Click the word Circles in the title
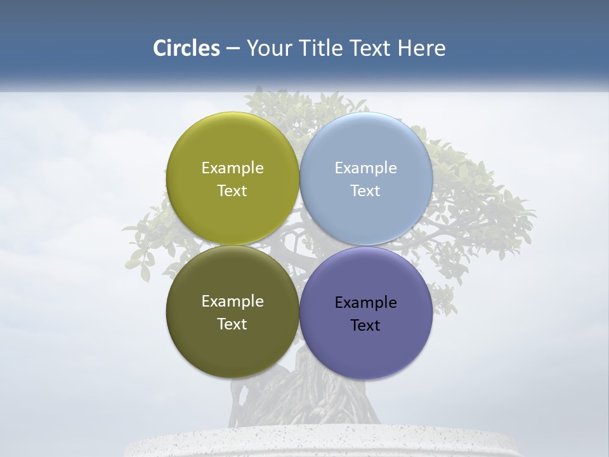tap(186, 48)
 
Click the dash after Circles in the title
tap(233, 49)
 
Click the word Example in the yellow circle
tap(232, 168)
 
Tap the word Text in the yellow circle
tap(232, 191)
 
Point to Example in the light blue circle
tap(365, 168)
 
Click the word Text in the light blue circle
tap(365, 191)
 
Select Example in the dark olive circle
tap(232, 301)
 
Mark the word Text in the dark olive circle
tap(232, 324)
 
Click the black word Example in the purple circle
tap(365, 303)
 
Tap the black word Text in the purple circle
tap(365, 326)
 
